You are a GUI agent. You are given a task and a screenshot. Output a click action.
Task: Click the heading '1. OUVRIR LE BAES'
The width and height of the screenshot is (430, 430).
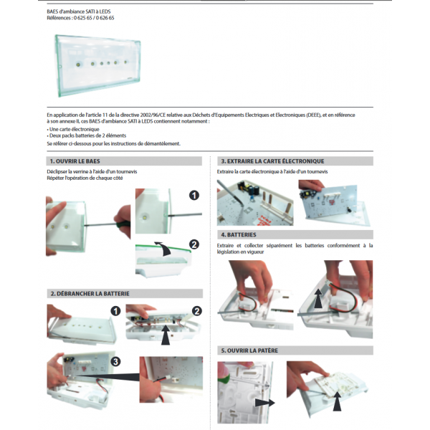(x=75, y=161)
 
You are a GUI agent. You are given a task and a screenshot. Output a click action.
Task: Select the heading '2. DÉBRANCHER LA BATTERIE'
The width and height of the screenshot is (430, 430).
(x=90, y=294)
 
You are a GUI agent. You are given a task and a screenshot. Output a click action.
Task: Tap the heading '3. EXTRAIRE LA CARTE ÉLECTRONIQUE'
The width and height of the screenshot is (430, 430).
(x=272, y=161)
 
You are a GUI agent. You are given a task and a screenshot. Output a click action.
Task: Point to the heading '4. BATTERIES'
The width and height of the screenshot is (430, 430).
(x=239, y=235)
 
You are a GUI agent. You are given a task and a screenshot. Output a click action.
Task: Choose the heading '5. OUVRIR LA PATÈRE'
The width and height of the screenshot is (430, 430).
(x=249, y=350)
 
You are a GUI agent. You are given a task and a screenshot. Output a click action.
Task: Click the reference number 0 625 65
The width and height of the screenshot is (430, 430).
(x=83, y=18)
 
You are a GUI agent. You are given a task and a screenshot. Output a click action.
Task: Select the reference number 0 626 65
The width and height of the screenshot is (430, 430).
(x=105, y=18)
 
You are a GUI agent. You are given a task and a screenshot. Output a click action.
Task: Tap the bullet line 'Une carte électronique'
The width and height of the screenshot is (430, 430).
(x=73, y=129)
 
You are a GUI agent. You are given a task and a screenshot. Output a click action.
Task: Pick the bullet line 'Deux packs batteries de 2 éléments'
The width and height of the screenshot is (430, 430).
(x=87, y=135)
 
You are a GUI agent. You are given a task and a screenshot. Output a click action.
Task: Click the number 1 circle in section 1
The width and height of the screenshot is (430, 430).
(x=194, y=195)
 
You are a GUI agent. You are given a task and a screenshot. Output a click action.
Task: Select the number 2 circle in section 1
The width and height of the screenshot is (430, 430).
(x=194, y=244)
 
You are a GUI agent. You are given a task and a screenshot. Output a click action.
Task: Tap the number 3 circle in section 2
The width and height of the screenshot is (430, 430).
(x=115, y=362)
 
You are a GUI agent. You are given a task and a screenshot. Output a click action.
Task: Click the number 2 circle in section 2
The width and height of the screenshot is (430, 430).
(x=197, y=311)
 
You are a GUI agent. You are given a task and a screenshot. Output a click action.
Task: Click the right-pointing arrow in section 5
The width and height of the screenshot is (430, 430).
(x=265, y=403)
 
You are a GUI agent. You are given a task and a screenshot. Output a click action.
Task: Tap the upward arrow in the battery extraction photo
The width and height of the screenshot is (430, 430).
(x=318, y=298)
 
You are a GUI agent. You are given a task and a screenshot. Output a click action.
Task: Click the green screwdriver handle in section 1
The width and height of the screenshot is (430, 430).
(x=122, y=225)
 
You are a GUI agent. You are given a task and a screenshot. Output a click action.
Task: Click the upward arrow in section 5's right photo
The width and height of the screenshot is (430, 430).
(x=337, y=402)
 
